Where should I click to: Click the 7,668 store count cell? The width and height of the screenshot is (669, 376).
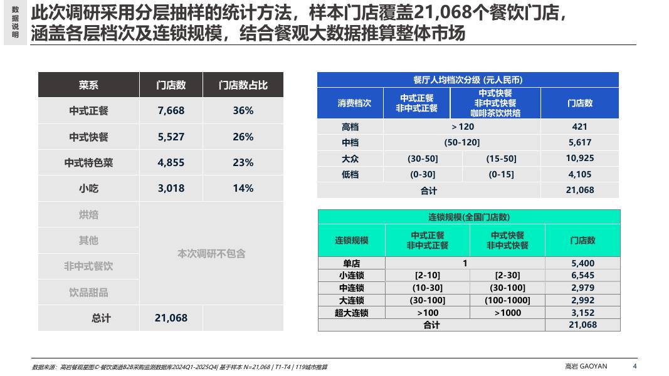[x=171, y=111]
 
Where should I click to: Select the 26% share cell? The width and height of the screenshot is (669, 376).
[x=243, y=137]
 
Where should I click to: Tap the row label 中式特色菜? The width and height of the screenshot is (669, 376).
[x=89, y=163]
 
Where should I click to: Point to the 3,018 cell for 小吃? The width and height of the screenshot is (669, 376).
[x=171, y=189]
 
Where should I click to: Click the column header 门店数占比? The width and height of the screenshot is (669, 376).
[x=243, y=85]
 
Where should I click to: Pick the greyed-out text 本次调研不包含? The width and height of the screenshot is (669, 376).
[x=212, y=254]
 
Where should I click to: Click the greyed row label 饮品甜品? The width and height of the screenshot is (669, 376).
[x=89, y=293]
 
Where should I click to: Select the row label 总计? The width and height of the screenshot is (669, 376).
[x=101, y=318]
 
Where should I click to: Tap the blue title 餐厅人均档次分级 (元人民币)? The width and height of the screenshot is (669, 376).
[x=468, y=80]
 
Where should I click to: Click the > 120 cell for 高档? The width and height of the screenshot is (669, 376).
[x=463, y=127]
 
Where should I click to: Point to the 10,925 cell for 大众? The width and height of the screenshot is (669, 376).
[x=580, y=158]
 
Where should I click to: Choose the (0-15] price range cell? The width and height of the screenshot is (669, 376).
[x=502, y=174]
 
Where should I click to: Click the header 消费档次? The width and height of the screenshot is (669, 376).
[x=354, y=103]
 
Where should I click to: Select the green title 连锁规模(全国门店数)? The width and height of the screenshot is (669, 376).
[x=469, y=217]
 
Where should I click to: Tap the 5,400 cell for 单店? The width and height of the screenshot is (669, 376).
[x=583, y=263]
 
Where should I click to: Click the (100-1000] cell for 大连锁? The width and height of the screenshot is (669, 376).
[x=507, y=301]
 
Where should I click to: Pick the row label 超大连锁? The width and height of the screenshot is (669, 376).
[x=352, y=313]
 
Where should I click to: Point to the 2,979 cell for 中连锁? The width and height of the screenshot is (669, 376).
[x=583, y=288]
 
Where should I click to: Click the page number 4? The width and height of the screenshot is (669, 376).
[x=635, y=366]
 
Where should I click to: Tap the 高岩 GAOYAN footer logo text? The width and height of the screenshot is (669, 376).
[x=586, y=366]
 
